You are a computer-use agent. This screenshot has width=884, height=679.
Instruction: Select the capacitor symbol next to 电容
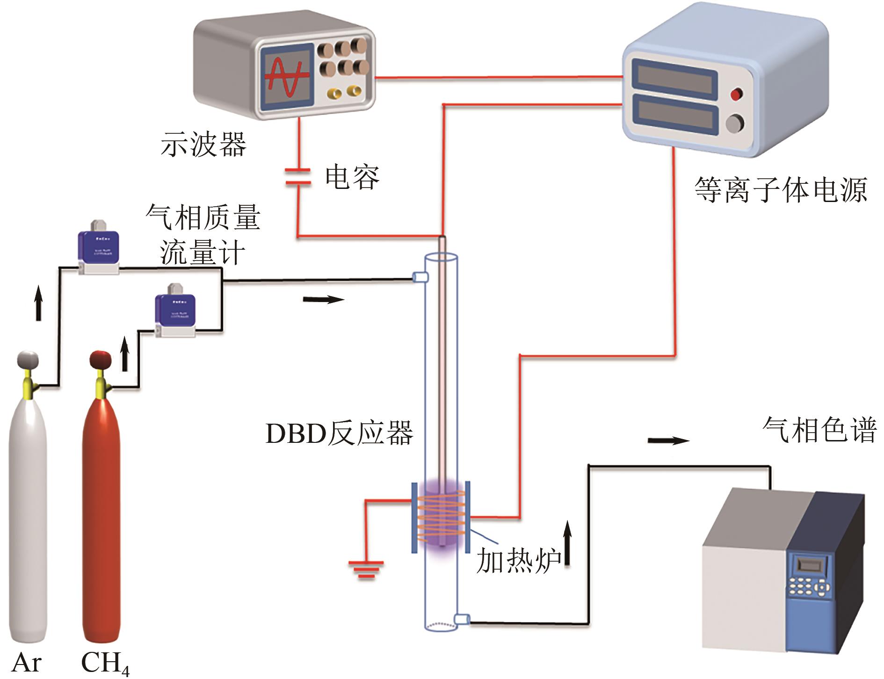point(298,177)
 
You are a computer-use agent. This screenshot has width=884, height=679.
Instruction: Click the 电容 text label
point(352,178)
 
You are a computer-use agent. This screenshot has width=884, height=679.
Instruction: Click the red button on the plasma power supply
point(737,94)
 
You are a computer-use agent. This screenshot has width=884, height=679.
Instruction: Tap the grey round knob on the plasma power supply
point(734,123)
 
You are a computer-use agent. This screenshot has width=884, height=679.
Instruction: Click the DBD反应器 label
point(339,433)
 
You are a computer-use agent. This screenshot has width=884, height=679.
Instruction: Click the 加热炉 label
point(518,560)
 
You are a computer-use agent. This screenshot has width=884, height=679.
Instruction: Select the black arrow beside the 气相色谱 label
point(668,441)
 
